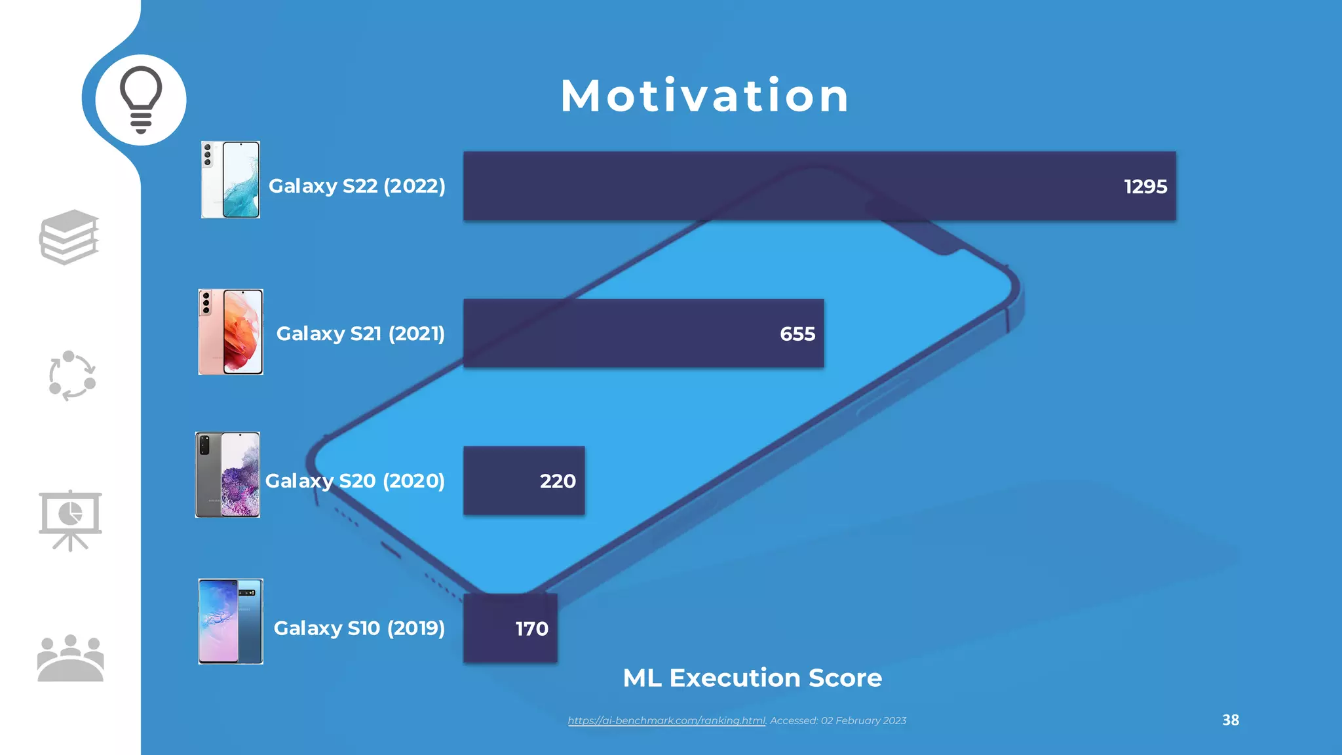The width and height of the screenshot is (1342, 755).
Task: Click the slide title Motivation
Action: click(x=704, y=96)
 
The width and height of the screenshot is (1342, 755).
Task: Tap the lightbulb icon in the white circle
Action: click(x=141, y=100)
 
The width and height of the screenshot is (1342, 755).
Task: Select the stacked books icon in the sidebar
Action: click(x=69, y=237)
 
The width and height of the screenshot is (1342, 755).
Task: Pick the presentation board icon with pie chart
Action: click(x=70, y=520)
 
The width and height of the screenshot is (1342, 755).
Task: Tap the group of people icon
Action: click(x=70, y=658)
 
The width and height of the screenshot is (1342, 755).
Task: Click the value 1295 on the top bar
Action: click(x=1145, y=187)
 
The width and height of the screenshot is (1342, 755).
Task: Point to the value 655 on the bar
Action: click(x=797, y=334)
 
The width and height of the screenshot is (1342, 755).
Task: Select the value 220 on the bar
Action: click(x=557, y=482)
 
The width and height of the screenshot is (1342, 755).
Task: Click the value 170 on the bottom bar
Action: click(x=531, y=629)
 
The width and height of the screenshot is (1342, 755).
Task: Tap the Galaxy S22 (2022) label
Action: click(x=357, y=186)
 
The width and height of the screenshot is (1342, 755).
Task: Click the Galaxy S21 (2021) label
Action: click(x=360, y=334)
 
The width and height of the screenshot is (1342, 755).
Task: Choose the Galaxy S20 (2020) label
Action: click(x=355, y=481)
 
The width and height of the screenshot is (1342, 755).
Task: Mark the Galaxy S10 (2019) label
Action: click(x=359, y=629)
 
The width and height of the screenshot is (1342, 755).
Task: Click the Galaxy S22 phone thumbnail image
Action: click(x=231, y=180)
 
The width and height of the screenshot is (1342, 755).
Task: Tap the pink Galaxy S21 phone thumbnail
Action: click(x=231, y=332)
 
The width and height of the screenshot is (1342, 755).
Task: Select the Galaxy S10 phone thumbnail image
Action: click(x=231, y=621)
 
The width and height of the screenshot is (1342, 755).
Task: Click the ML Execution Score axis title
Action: click(x=752, y=678)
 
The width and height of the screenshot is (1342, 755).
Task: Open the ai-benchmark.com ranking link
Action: click(x=666, y=721)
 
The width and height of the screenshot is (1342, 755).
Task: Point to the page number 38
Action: click(x=1230, y=720)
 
